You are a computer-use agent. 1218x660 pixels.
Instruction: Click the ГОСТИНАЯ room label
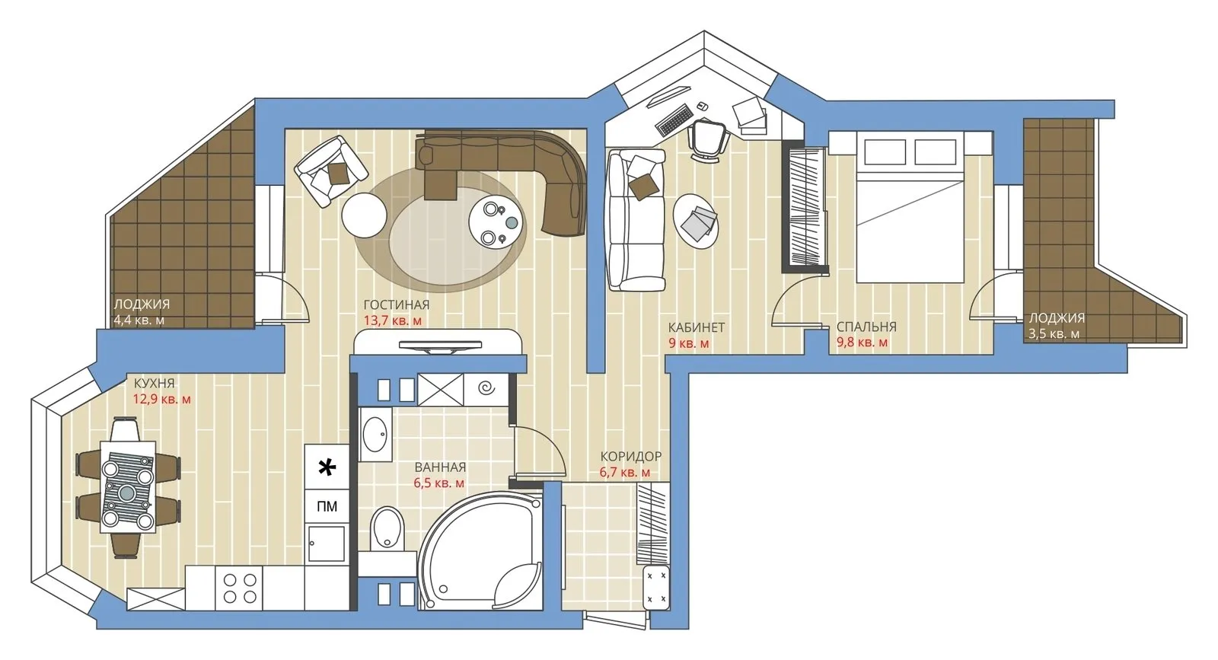pos(396,305)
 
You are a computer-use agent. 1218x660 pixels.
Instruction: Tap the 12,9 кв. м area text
pos(162,399)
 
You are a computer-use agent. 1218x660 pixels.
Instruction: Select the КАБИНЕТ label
pos(696,327)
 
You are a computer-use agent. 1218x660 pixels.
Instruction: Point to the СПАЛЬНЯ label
pos(866,327)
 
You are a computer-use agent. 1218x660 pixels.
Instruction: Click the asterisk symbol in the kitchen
pos(327,468)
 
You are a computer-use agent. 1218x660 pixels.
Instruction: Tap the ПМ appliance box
pos(327,506)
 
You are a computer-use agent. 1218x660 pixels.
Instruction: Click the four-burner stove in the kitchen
pos(240,588)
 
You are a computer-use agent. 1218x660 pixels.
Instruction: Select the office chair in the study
pos(707,139)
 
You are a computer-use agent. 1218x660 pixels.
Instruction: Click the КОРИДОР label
pos(630,457)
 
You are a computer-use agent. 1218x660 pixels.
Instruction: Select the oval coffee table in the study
pos(697,221)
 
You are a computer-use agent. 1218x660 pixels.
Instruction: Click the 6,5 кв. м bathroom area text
pos(439,483)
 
